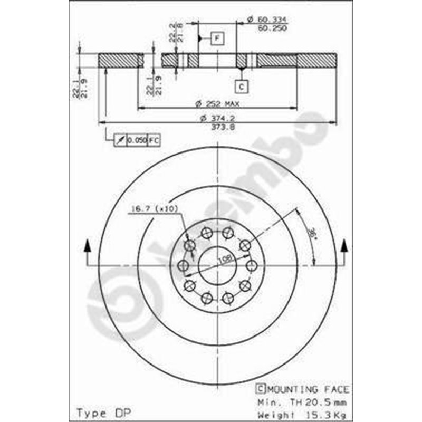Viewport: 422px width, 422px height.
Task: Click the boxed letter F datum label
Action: [x=217, y=38]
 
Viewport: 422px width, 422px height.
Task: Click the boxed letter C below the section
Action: [x=241, y=85]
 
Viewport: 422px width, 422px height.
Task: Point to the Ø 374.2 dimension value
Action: [x=217, y=118]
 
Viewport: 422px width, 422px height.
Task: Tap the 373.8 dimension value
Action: [x=217, y=127]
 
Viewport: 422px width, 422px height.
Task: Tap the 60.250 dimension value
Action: [x=272, y=28]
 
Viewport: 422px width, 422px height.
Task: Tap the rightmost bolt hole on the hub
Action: [x=251, y=265]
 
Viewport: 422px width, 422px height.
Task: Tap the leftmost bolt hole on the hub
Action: [x=183, y=265]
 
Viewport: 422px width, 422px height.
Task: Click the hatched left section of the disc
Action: [x=120, y=61]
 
